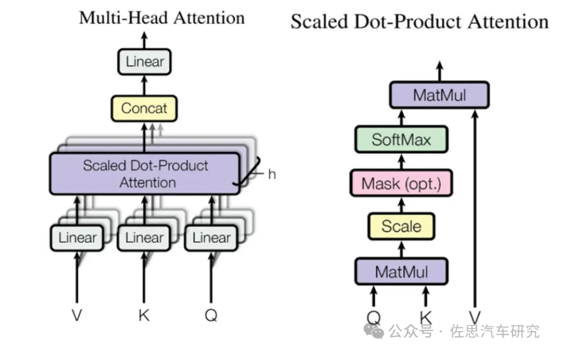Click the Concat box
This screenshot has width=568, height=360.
pos(144,107)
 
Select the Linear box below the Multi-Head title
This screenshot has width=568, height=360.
pos(144,61)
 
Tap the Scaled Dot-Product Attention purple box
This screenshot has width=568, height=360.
pos(144,174)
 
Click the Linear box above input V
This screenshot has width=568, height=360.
pos(77,237)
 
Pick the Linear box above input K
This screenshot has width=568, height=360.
pos(144,237)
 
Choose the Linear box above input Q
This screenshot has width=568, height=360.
pos(211,237)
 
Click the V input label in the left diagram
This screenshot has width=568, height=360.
pos(77,315)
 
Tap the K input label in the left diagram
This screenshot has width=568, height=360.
pos(144,315)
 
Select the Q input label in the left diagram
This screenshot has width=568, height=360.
pos(211,315)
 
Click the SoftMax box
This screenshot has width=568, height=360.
pos(402,141)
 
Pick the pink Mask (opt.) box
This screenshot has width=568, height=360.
pos(402,184)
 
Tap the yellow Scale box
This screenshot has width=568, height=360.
pos(402,227)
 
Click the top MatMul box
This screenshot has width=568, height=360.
pos(439,96)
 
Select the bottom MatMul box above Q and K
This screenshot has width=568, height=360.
pos(402,272)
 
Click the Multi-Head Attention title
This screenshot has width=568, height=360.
pos(162,18)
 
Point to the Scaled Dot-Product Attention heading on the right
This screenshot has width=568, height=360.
pos(419,21)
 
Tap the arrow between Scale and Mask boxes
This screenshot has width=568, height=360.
pos(402,205)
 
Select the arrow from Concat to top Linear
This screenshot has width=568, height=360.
pos(144,84)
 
